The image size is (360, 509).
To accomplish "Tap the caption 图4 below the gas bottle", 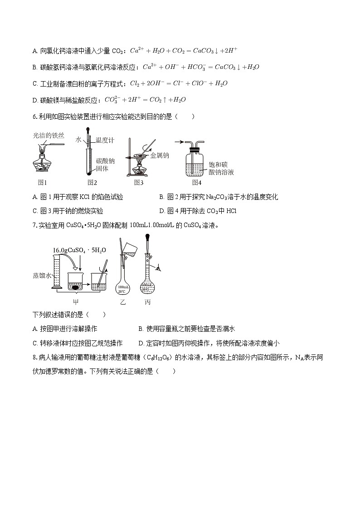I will (196, 183).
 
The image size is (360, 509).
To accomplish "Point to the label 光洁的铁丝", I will (49, 135).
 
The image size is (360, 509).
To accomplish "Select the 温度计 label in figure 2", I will (105, 141).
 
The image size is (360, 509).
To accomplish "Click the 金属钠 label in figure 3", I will (160, 155).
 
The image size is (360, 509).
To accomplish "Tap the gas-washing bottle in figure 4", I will (196, 161).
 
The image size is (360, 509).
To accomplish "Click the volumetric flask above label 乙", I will (123, 281).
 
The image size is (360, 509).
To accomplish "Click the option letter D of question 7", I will (141, 343).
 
